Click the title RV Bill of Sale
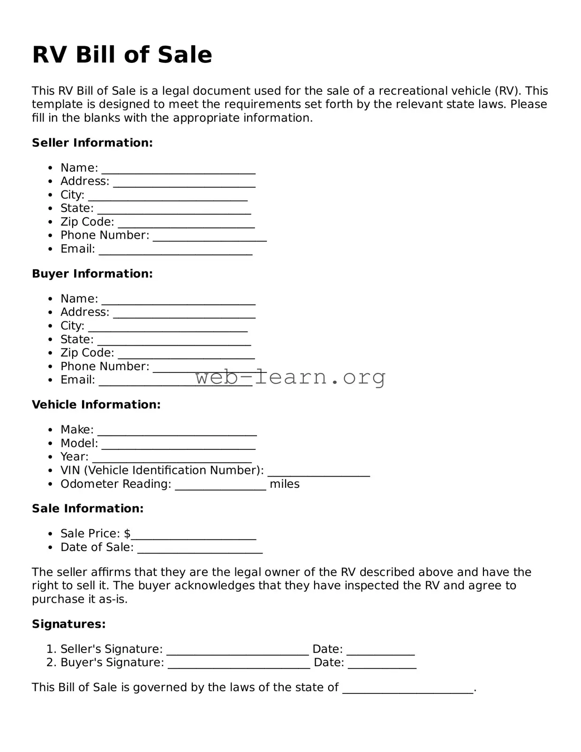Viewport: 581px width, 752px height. pos(122,55)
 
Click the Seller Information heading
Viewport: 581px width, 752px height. pos(92,143)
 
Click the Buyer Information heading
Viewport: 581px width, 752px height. pos(92,273)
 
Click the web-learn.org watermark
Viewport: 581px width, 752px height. pos(290,377)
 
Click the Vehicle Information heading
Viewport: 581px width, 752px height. pos(96,404)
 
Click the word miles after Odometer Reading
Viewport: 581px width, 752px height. pos(285,484)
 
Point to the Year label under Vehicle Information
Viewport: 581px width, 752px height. pos(74,457)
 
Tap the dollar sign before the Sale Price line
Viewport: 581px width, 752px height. pos(127,534)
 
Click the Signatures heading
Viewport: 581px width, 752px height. pos(69,624)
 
